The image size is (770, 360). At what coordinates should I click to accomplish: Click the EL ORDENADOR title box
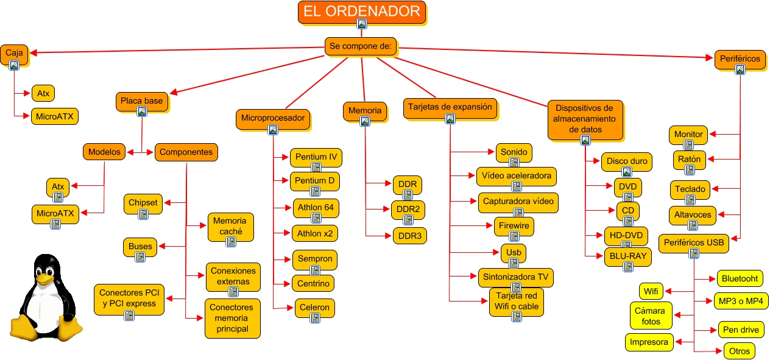(362, 12)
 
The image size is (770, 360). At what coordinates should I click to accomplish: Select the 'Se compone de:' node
(362, 46)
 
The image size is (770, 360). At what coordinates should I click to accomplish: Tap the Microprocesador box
(272, 118)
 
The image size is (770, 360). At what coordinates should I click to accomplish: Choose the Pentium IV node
(316, 157)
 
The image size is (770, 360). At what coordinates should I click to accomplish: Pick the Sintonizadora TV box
(515, 277)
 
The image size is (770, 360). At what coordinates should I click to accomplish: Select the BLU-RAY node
(627, 256)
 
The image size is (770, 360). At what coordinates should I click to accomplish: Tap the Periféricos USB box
(694, 243)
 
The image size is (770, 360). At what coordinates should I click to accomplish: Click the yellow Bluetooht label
(740, 278)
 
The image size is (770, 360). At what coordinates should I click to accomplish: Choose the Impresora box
(649, 342)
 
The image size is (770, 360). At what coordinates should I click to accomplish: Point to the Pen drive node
(741, 330)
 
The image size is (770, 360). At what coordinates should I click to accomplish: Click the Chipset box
(143, 203)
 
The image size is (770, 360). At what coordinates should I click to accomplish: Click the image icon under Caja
(14, 65)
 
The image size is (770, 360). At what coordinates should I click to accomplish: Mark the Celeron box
(314, 308)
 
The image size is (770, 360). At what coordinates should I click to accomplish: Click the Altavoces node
(693, 214)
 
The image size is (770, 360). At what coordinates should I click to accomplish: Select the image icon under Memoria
(365, 121)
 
